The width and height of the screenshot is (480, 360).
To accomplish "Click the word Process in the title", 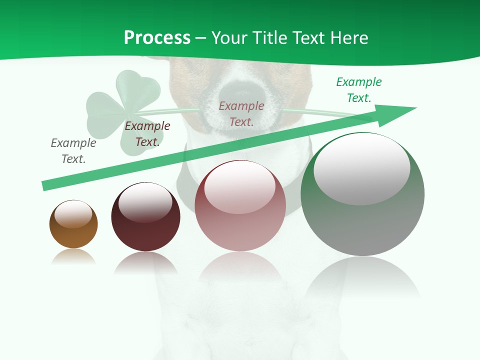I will [x=157, y=38].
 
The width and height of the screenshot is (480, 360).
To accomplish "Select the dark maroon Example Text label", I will [x=147, y=134].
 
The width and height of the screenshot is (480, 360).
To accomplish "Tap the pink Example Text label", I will [x=241, y=113].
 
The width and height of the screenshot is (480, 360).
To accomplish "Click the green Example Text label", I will [x=359, y=89].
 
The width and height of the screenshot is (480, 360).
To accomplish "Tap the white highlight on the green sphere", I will [x=361, y=167].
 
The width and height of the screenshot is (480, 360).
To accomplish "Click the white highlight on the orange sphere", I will [x=73, y=214].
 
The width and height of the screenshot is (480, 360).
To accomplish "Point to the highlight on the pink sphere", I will [x=239, y=186].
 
